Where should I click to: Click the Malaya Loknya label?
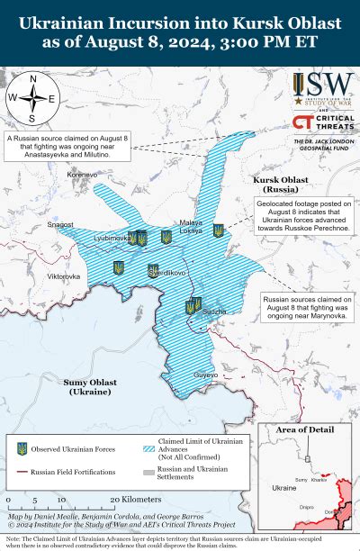coord(191,226)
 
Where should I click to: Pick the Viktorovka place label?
coord(63,275)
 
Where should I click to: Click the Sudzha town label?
coord(213,312)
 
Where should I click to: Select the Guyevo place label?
coord(207,374)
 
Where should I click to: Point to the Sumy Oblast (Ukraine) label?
coord(89,387)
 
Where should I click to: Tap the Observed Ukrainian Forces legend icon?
coord(22,448)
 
